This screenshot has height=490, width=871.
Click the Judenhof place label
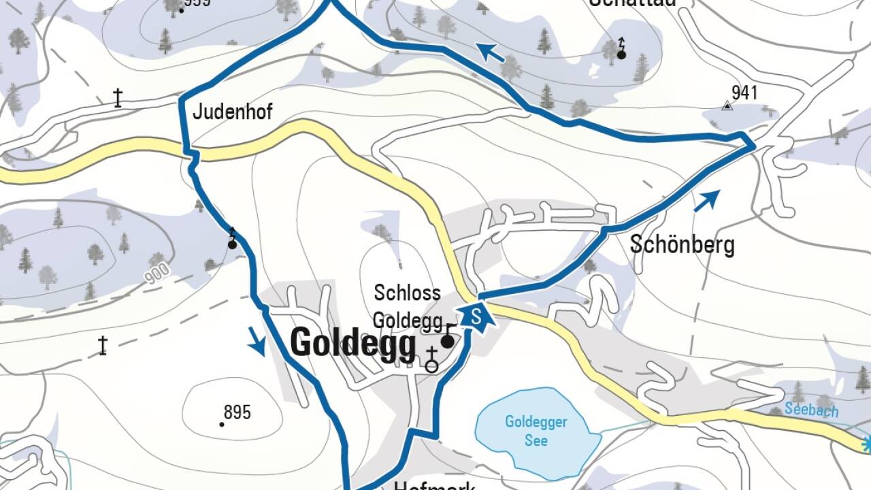coord(232,112)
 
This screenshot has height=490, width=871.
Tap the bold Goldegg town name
coord(352,344)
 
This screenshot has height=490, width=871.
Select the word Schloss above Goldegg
coord(407,293)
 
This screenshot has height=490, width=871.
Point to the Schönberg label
coord(682,244)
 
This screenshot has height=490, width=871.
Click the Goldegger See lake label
coord(536,431)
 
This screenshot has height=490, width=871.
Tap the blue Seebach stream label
coord(811,410)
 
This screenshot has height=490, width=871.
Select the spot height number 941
coord(744,93)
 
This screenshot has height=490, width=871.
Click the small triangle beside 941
coord(727,105)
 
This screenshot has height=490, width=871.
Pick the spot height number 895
coord(237,412)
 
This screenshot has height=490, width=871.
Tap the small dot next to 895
coord(222,424)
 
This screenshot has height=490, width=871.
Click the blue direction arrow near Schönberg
coord(706,200)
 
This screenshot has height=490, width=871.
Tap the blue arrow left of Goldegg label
coord(257,341)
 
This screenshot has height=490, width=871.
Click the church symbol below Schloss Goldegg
coord(431,359)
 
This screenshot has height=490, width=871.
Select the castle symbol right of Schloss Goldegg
coord(448,338)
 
